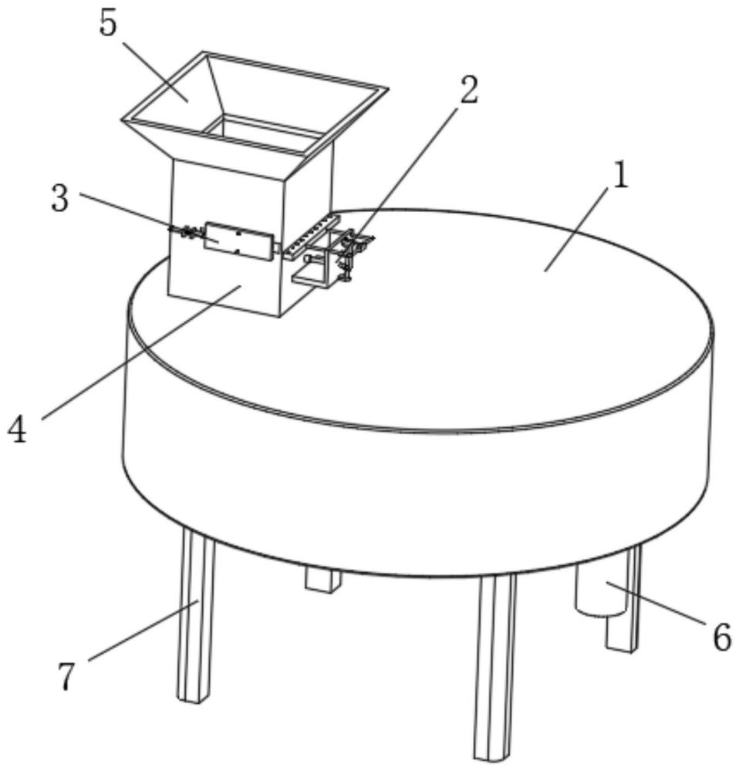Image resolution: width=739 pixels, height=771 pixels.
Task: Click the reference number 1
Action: coord(622,176)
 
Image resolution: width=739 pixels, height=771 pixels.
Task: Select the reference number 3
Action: coord(60,199)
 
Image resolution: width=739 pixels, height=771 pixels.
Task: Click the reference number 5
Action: coord(108,24)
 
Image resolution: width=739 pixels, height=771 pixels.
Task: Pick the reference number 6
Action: coord(722,638)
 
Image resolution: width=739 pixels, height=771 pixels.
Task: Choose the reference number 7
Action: coord(66,676)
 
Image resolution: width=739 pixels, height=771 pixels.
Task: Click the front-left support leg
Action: coord(196,614)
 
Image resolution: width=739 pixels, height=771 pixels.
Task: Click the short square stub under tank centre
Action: coord(322,580)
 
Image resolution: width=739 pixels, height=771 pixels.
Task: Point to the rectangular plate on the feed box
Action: coord(238,241)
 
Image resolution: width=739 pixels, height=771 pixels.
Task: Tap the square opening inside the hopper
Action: coord(265,130)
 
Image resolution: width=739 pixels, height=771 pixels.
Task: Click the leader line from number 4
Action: coord(141,352)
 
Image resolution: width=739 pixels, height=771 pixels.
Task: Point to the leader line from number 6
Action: coord(658,603)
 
